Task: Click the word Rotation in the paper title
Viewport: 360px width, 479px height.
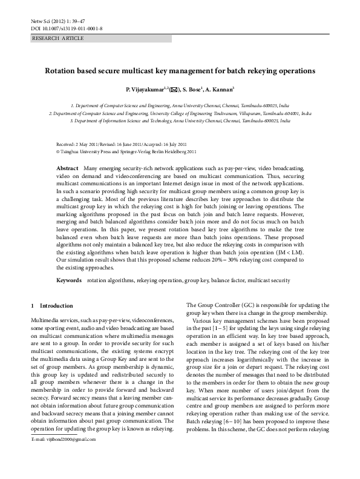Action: click(x=62, y=71)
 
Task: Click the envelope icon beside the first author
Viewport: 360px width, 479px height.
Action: click(x=174, y=90)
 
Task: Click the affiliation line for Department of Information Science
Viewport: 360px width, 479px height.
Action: click(x=180, y=121)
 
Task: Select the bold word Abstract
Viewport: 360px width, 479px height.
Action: click(x=67, y=167)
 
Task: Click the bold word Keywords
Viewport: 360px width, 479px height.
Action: click(x=69, y=280)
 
